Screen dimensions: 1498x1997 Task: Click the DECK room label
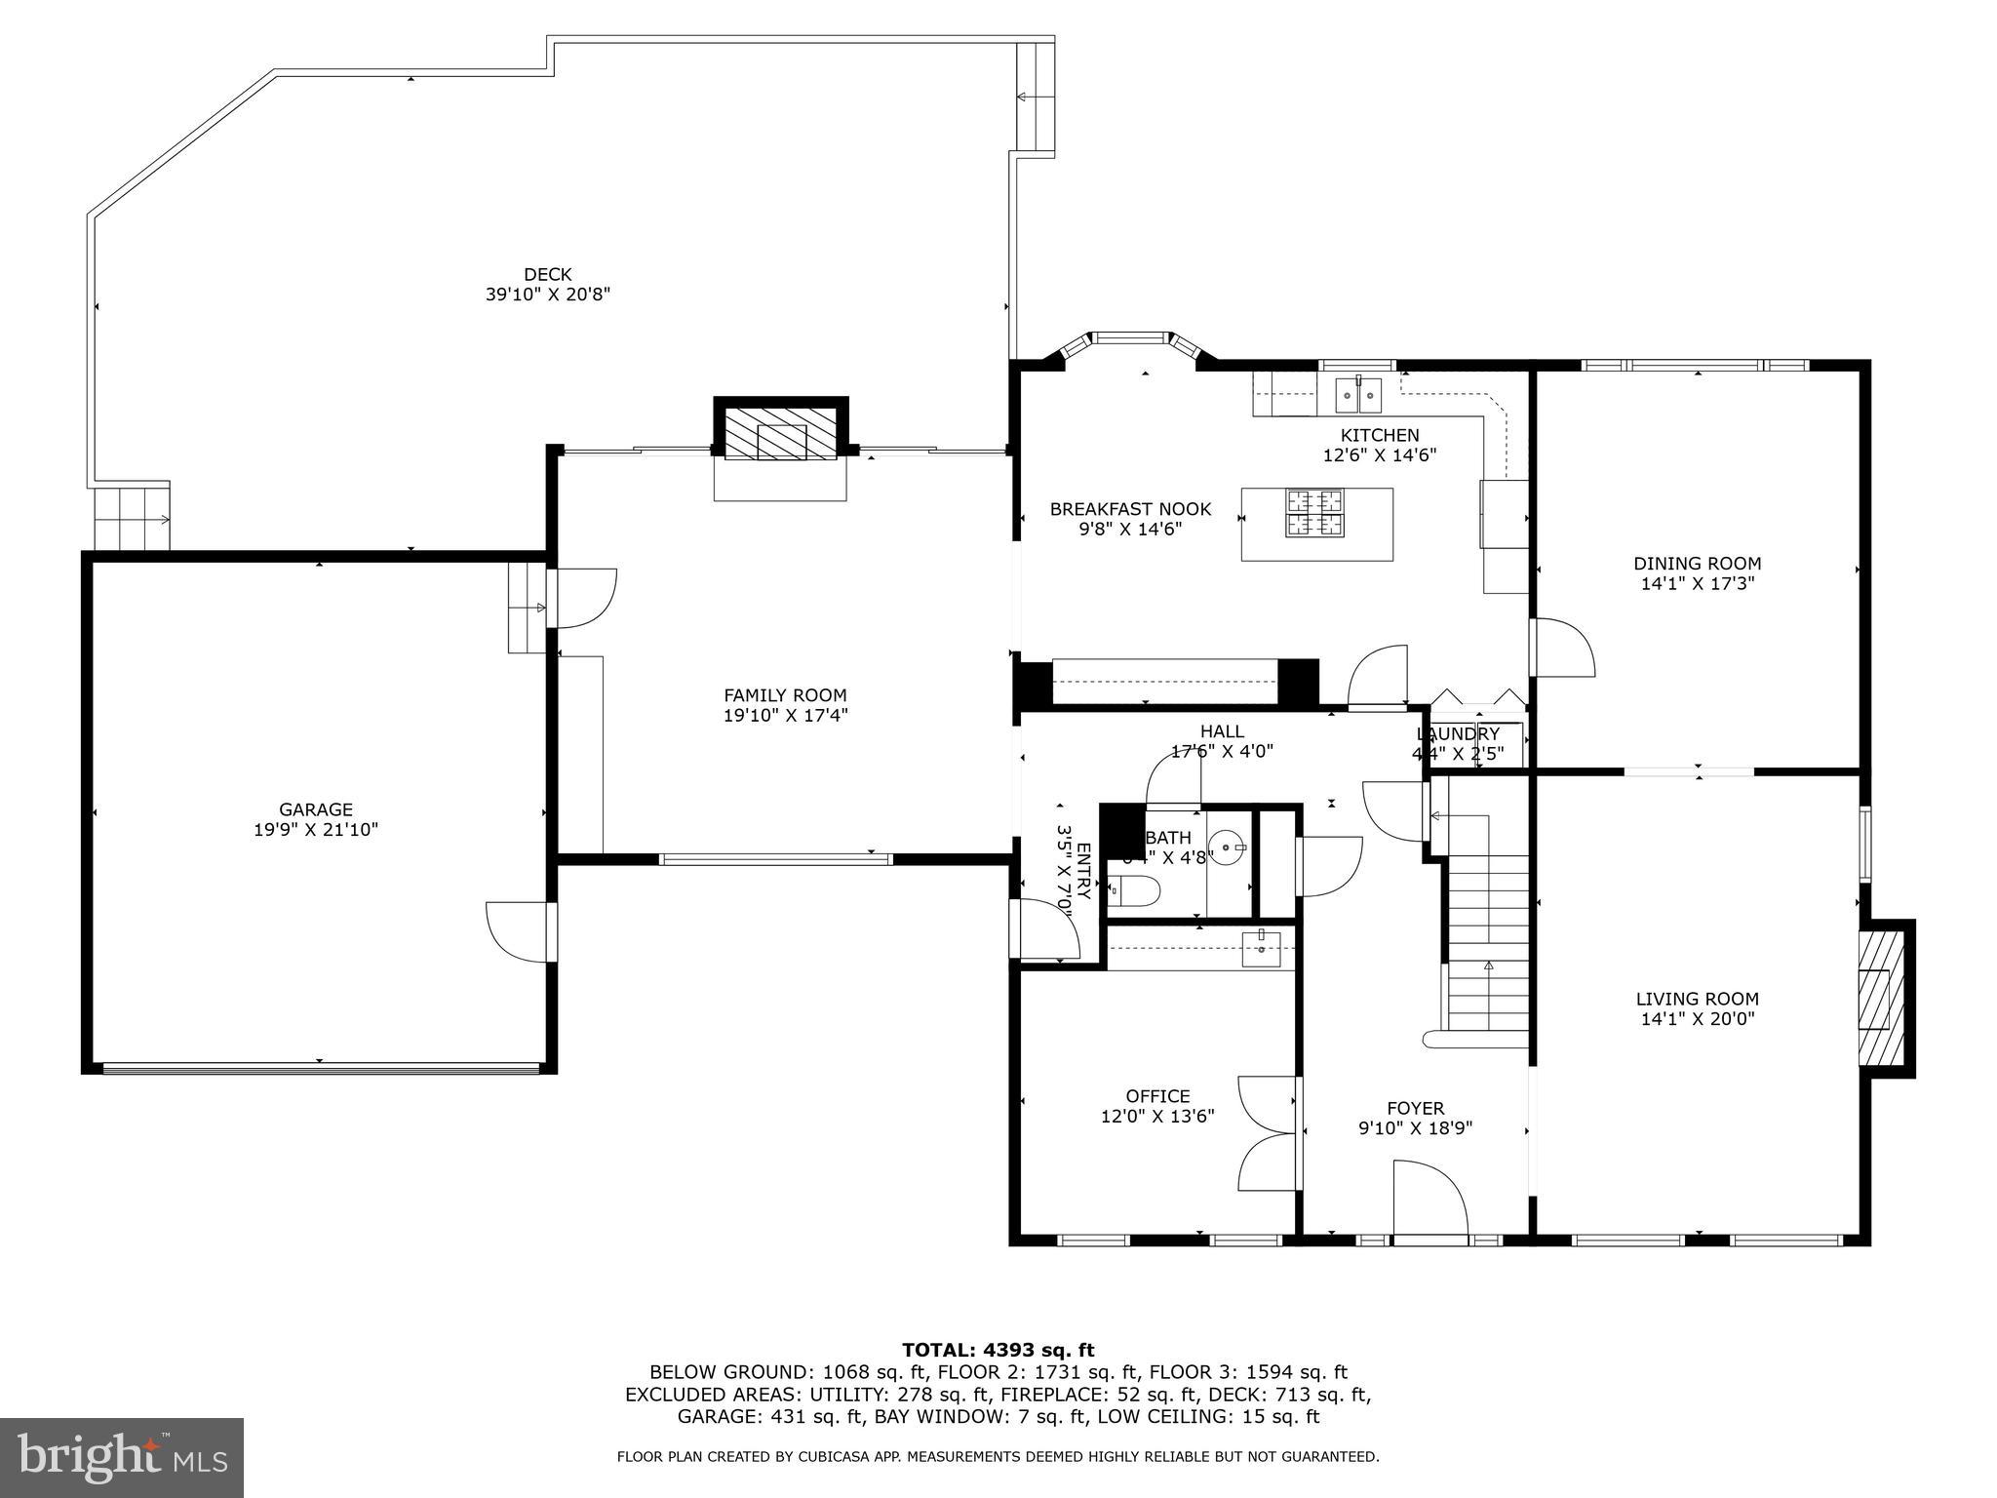[x=547, y=275]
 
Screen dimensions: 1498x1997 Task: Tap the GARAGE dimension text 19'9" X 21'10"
[x=315, y=830]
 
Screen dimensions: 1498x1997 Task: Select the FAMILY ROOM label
[x=785, y=695]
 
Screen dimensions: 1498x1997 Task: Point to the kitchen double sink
[x=1358, y=396]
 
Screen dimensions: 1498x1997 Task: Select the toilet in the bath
[x=1134, y=889]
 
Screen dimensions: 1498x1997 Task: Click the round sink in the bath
[x=1226, y=846]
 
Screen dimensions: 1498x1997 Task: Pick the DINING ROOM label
[x=1697, y=564]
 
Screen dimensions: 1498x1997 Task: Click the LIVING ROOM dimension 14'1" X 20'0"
[x=1697, y=1019]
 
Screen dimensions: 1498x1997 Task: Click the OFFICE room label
[x=1157, y=1096]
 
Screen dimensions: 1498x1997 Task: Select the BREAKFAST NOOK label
[x=1130, y=509]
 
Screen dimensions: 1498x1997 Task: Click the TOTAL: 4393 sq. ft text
[x=998, y=1351]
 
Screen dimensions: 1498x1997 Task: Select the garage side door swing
[x=517, y=932]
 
